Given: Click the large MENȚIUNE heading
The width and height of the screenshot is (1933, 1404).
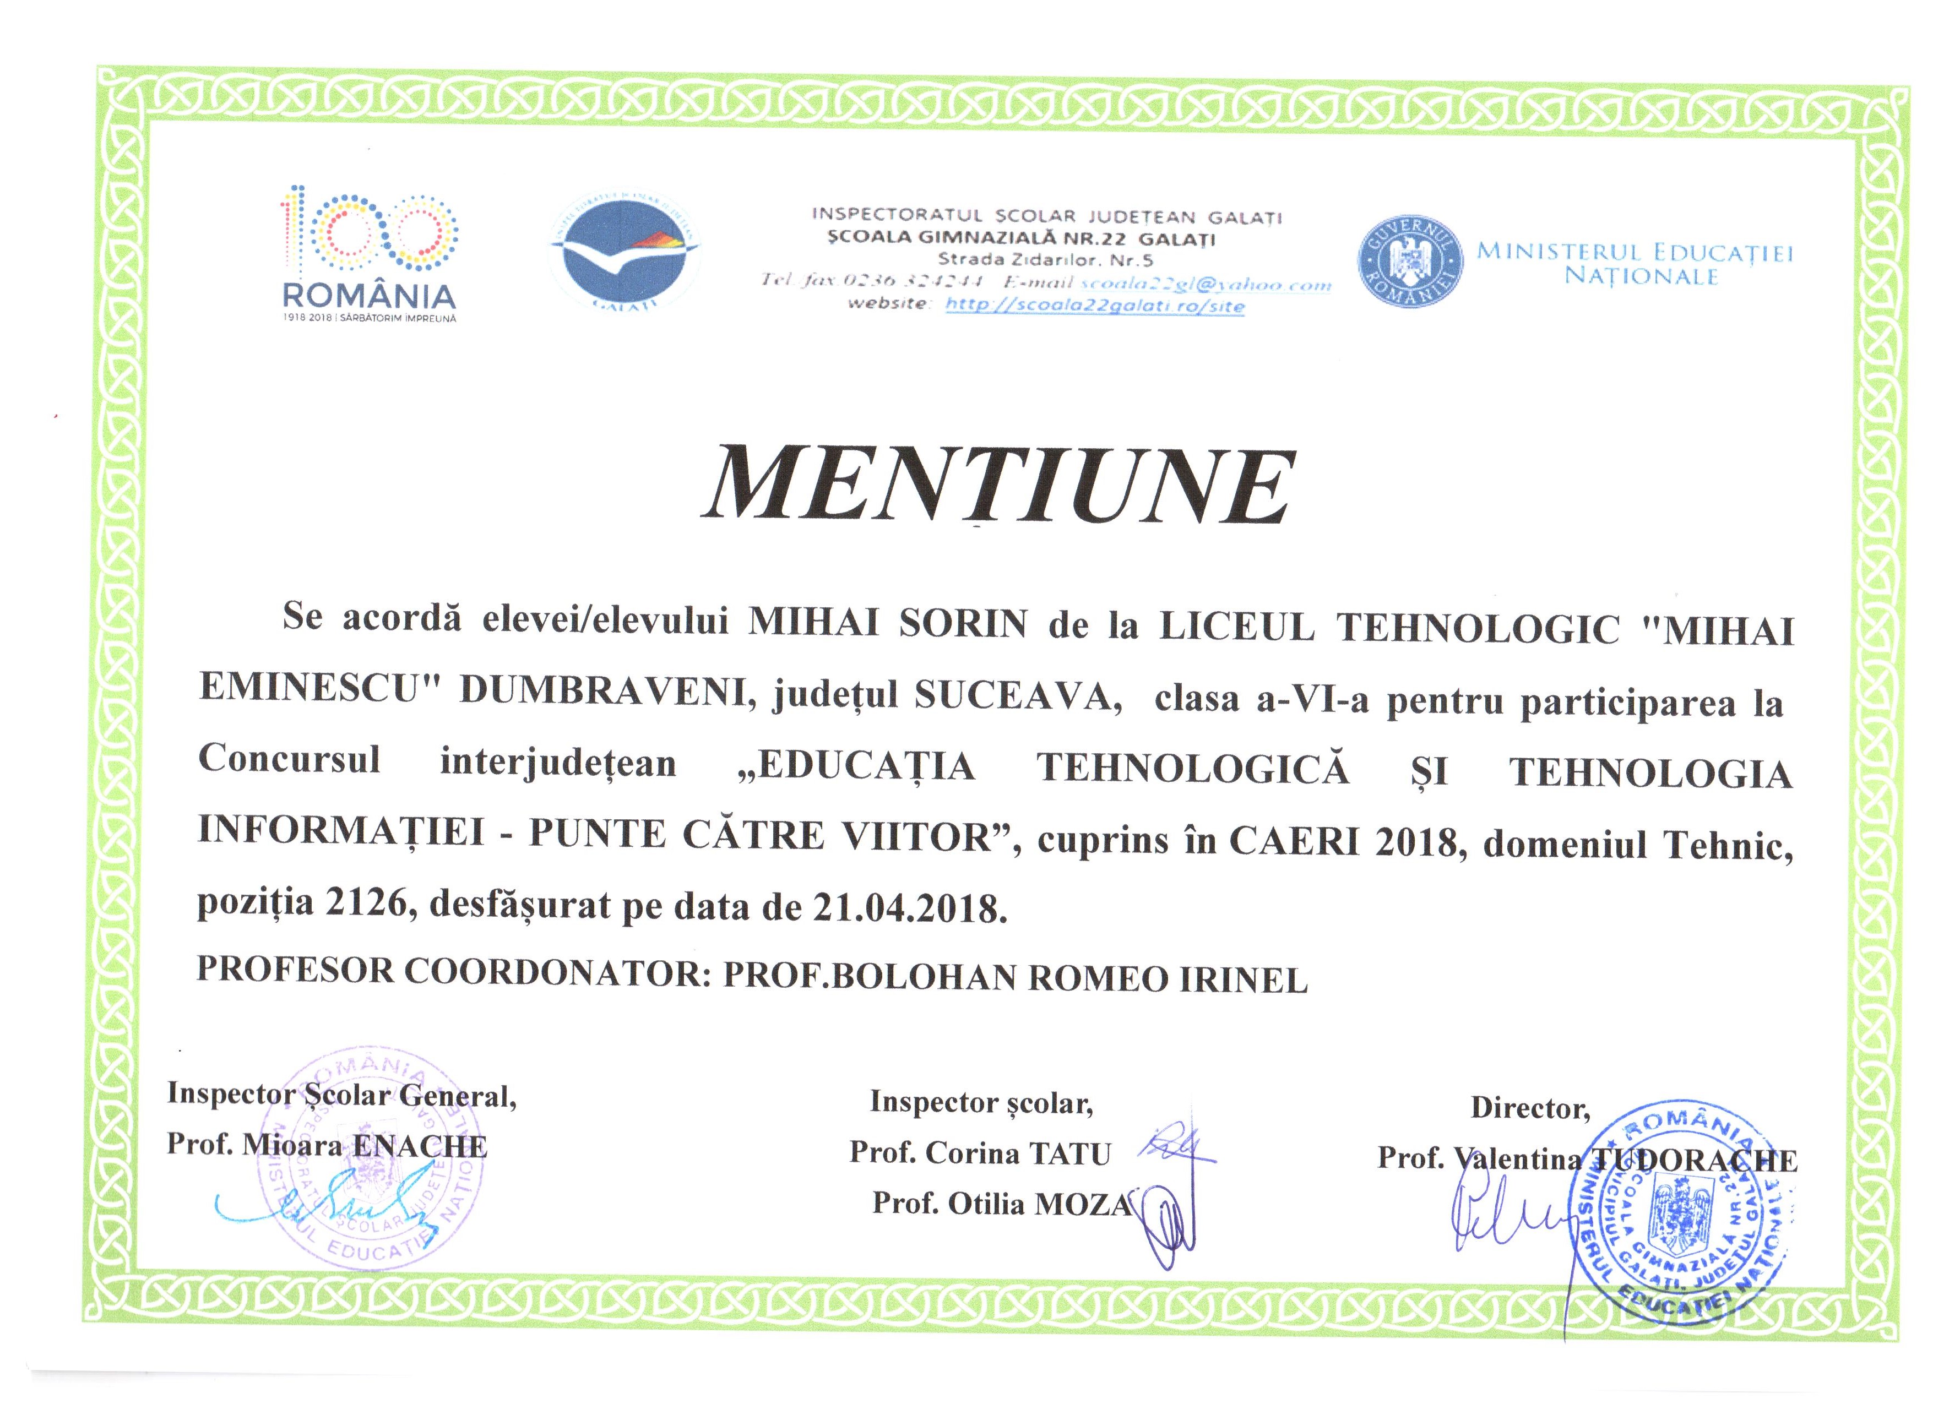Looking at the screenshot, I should (999, 486).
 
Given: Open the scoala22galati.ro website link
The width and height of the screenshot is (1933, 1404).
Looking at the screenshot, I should (1095, 305).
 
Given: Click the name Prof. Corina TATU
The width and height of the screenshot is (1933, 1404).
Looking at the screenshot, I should (980, 1153).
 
